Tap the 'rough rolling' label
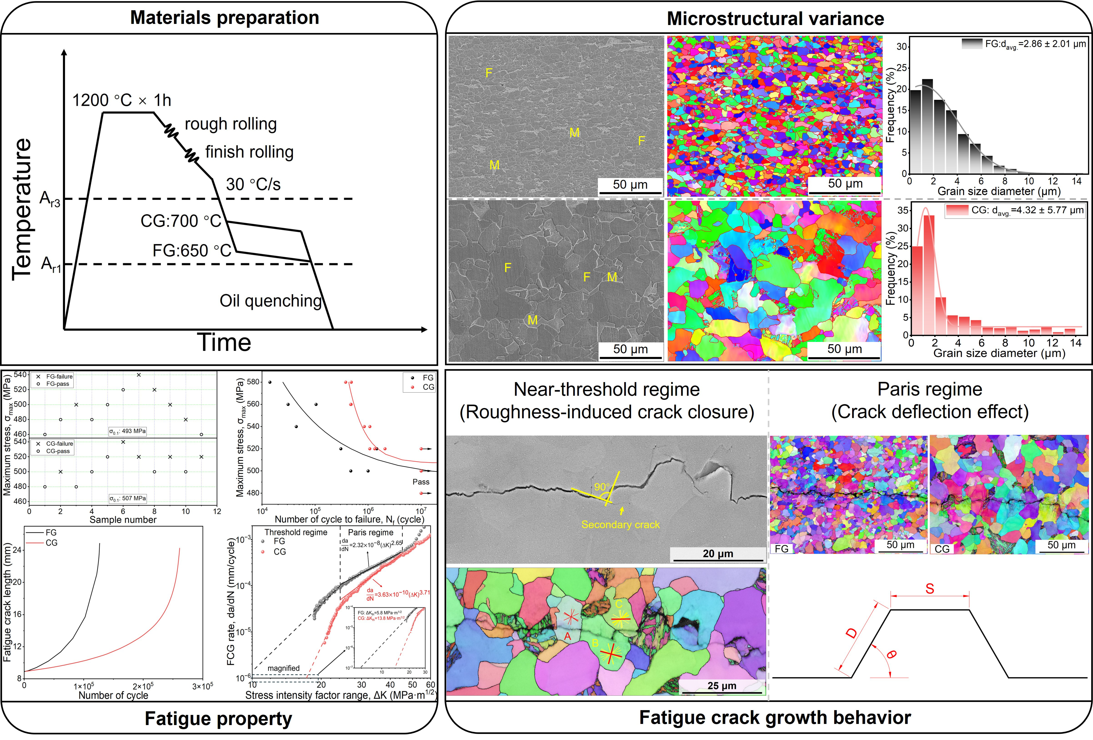[230, 124]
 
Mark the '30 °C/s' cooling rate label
[253, 184]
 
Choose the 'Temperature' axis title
[22, 209]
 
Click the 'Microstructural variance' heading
[775, 19]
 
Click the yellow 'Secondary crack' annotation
[620, 525]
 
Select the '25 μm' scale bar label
[721, 685]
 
